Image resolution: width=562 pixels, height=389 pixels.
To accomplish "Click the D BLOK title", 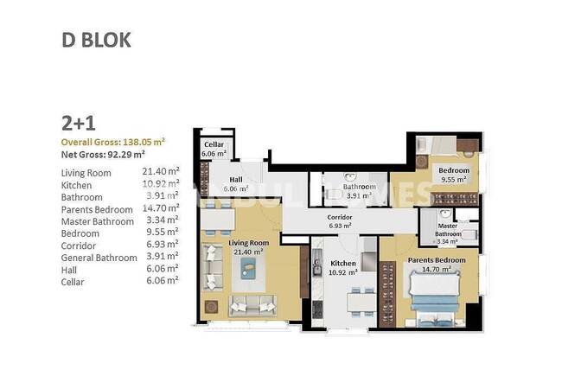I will tap(96, 40).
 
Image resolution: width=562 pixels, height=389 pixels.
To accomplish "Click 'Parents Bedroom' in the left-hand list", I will tap(97, 209).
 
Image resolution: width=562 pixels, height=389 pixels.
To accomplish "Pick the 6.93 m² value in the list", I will tap(160, 245).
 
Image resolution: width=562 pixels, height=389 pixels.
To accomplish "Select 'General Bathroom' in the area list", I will tap(99, 258).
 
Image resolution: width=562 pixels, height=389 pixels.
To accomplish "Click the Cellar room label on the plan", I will tap(214, 150).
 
